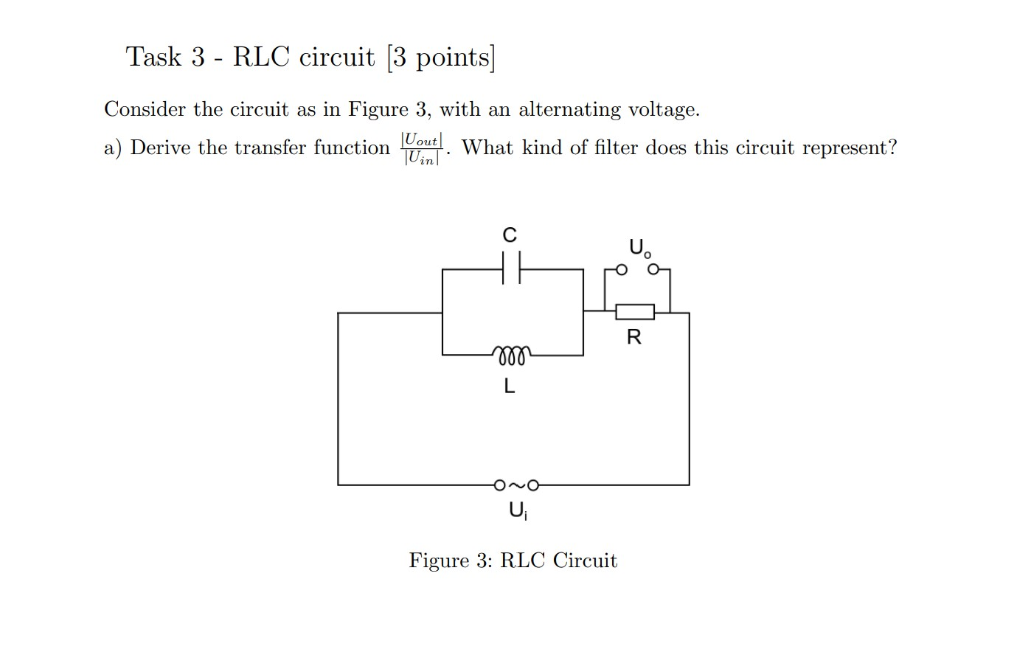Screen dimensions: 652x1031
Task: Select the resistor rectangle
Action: [634, 312]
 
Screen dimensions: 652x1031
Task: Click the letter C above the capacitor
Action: [510, 235]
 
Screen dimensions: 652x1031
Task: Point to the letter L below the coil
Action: [510, 385]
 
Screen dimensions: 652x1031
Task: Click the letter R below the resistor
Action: [633, 338]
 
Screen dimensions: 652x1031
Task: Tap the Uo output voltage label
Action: [639, 247]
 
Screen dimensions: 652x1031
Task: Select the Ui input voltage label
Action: [517, 510]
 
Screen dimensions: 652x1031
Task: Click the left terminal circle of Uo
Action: [622, 270]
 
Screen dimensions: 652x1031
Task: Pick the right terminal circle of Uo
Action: [653, 270]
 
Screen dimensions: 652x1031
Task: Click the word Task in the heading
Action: [153, 57]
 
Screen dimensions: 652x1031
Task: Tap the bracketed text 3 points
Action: [441, 58]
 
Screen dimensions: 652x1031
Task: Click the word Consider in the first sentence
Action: [145, 110]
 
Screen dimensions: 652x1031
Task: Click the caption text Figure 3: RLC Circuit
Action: [513, 561]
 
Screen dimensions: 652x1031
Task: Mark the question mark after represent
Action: [892, 148]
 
